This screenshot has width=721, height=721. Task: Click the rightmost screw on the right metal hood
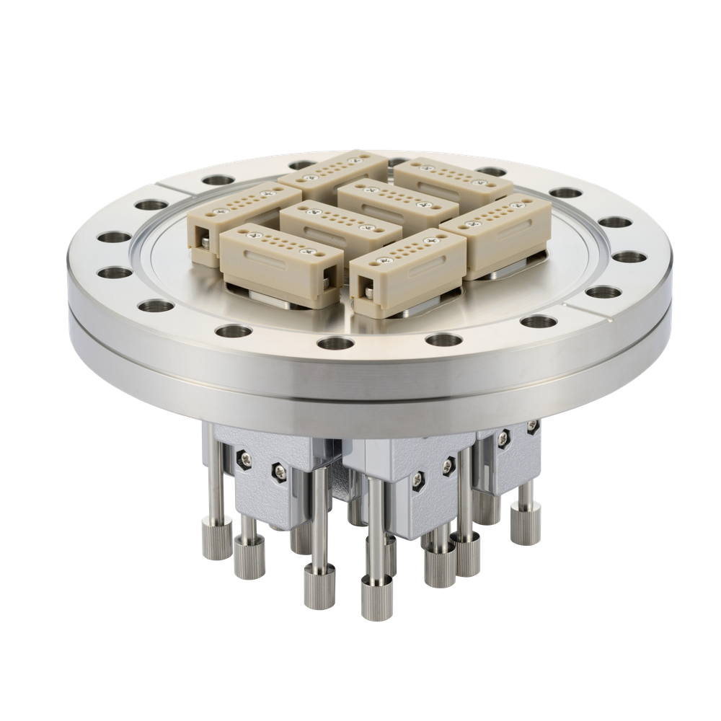(x=532, y=427)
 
